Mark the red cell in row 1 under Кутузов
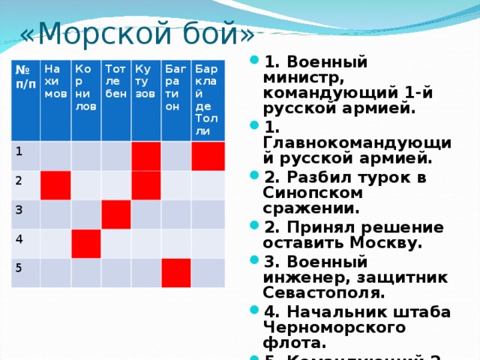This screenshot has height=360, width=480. click(145, 156)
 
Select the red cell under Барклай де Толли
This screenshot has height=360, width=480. click(208, 156)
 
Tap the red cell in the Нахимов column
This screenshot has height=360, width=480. click(55, 186)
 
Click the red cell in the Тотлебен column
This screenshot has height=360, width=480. click(116, 215)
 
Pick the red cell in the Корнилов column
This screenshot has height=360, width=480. click(85, 244)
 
